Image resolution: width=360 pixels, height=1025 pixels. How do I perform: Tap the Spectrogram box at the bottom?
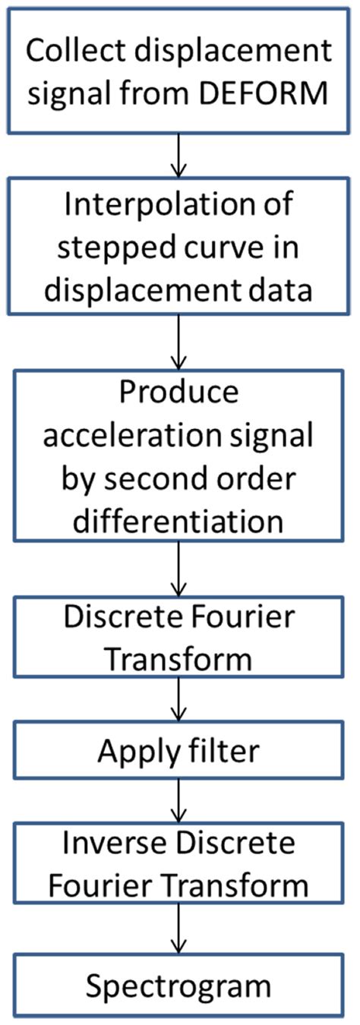tap(179, 987)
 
